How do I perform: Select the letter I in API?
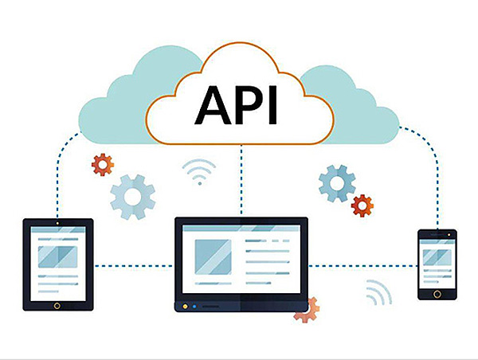point(273,105)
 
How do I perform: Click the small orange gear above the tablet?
point(103,165)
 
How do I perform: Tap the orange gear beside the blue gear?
point(362,205)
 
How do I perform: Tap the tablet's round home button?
point(57,306)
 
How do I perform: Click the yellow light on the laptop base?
point(185,307)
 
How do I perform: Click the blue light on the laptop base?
point(194,307)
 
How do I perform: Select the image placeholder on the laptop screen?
point(213,257)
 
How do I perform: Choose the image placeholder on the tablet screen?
point(57,257)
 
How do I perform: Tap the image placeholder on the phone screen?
point(437,257)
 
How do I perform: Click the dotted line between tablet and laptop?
point(134,266)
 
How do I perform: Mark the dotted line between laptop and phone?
point(362,266)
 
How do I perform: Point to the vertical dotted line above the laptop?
point(241,180)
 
